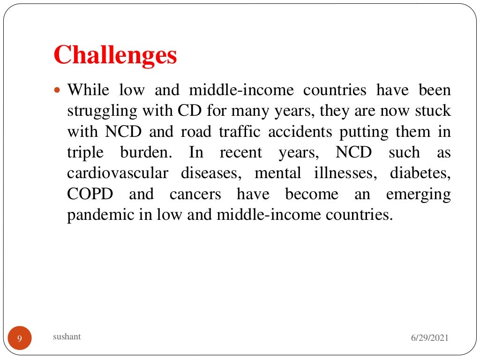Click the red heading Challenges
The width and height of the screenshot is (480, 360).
(x=115, y=55)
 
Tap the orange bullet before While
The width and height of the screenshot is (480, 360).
(x=58, y=89)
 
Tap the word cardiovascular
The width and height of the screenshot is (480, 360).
(x=118, y=173)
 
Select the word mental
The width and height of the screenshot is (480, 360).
(x=277, y=173)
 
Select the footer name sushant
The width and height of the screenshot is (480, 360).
(x=67, y=336)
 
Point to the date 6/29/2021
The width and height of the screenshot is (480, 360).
(x=429, y=338)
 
